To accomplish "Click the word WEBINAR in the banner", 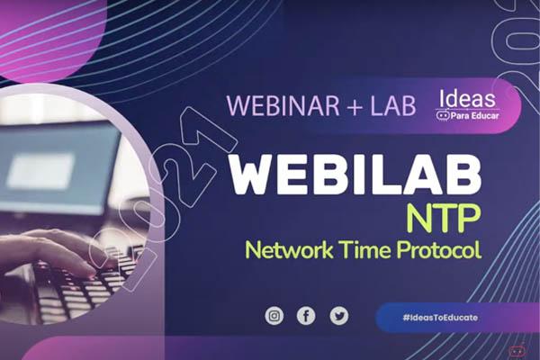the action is [x=283, y=104].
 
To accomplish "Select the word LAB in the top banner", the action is [x=393, y=104].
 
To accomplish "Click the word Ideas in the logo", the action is [x=467, y=98].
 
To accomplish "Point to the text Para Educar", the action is [x=474, y=116].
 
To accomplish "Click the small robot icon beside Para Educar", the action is [x=443, y=116].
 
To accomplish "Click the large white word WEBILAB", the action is [x=355, y=175].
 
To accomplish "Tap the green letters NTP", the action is [x=443, y=218].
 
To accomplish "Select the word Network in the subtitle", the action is [x=289, y=249].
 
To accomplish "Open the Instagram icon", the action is [x=274, y=316].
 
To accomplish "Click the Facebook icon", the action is [x=306, y=316].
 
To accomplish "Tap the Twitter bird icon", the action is [x=339, y=316].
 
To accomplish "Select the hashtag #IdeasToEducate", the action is [x=440, y=318].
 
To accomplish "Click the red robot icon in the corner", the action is [x=517, y=350].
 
